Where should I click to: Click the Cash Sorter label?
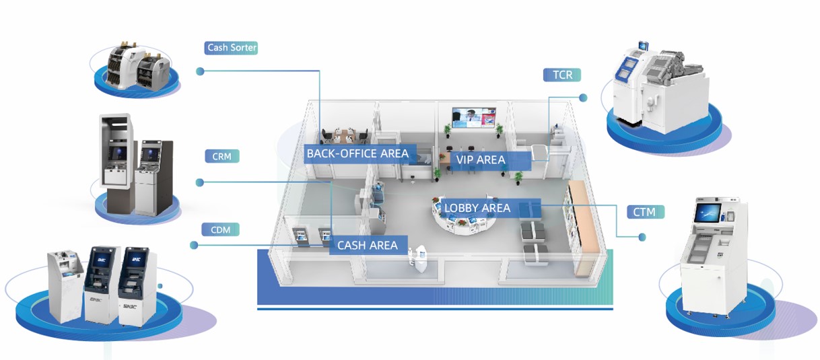tap(232, 48)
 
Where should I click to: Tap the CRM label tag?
tap(221, 157)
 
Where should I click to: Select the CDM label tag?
tap(221, 229)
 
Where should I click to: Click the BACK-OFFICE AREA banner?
tap(357, 153)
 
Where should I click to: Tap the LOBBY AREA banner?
tap(477, 208)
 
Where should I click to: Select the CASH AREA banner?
tap(368, 245)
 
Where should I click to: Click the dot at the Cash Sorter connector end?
tap(199, 71)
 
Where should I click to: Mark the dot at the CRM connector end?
tap(199, 182)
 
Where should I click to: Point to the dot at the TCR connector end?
tap(583, 98)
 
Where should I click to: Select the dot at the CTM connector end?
tap(642, 237)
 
